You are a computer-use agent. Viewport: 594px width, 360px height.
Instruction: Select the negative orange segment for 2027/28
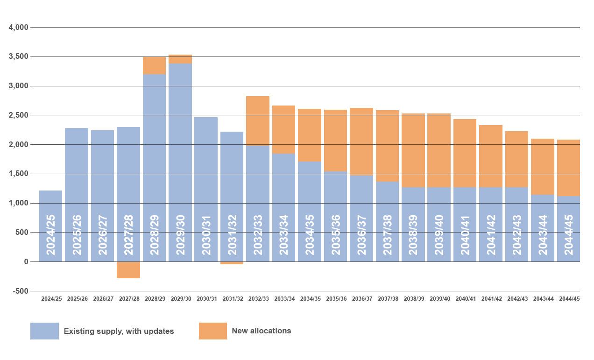pos(128,270)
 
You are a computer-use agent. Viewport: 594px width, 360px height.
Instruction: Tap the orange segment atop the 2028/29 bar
pos(154,65)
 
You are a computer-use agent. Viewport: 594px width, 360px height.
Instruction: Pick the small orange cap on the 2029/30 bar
pos(180,59)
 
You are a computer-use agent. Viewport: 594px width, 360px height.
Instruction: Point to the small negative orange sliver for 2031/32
pos(232,263)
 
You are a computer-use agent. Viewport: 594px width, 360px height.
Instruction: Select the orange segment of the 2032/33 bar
pos(258,120)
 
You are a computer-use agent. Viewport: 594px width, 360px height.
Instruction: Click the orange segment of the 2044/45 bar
pos(568,168)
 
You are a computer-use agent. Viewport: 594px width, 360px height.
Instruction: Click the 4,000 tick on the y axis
pos(19,28)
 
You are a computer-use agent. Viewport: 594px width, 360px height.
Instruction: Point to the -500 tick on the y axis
pos(20,291)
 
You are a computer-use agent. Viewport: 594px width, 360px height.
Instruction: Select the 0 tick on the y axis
pos(26,262)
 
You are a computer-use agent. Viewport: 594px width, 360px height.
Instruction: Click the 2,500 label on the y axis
pos(19,115)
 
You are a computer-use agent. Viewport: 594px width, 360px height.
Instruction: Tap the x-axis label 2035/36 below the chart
pos(336,299)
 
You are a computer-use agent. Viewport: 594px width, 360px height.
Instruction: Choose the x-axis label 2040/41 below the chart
pos(466,299)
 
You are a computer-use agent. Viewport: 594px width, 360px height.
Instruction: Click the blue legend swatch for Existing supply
pos(44,331)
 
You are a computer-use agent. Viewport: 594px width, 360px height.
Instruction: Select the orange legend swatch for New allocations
pos(213,331)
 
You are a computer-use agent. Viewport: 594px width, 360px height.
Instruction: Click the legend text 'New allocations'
pos(262,331)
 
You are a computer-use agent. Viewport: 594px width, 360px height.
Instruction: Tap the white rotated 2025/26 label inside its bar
pos(77,235)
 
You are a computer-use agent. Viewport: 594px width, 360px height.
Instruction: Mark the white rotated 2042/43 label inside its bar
pos(517,235)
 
